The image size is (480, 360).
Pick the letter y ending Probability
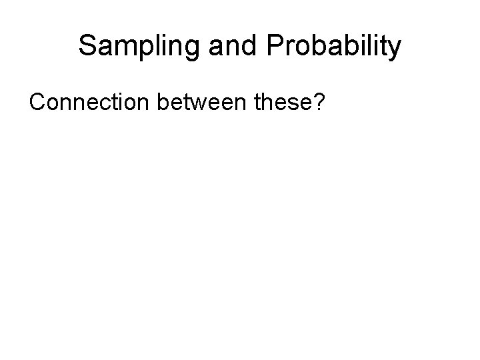click(x=395, y=49)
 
